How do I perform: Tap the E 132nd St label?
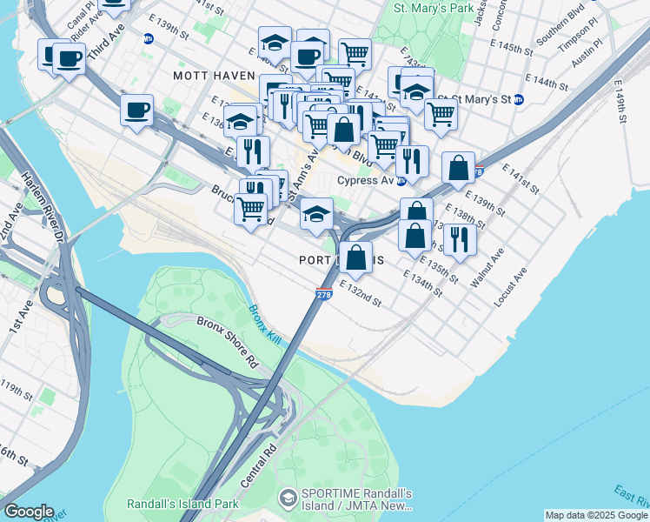tap(361, 293)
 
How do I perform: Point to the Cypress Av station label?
tap(365, 181)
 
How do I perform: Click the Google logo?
tap(29, 512)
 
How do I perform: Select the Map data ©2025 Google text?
tap(596, 515)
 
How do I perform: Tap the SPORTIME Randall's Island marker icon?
tap(287, 499)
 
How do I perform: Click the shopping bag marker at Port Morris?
tap(355, 256)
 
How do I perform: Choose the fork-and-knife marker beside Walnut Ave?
tap(459, 238)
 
